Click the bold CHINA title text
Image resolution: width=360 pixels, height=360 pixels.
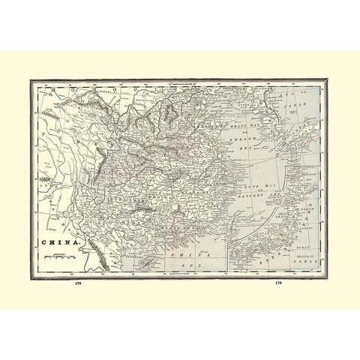(x=57, y=243)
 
